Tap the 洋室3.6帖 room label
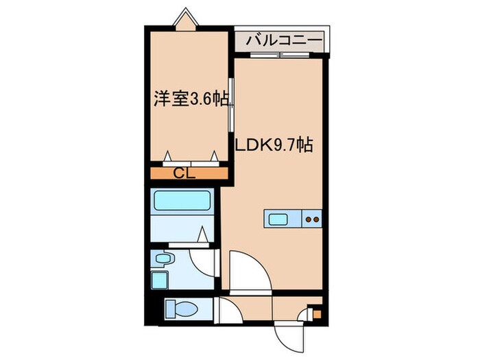click(x=191, y=100)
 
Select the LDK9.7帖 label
click(x=275, y=146)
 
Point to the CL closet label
click(x=184, y=173)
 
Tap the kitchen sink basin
click(x=279, y=219)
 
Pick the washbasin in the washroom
click(x=163, y=259)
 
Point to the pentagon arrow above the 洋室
click(x=185, y=19)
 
